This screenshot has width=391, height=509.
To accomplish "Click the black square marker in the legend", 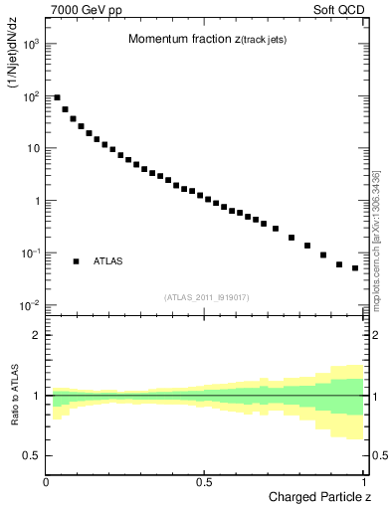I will (76, 261).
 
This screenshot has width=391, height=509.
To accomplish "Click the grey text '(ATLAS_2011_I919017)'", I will (206, 296).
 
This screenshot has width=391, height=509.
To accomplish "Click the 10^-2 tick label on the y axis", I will (31, 305).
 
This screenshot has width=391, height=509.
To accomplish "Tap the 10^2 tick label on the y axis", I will (31, 96).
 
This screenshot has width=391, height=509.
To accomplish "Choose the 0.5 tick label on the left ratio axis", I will (31, 455).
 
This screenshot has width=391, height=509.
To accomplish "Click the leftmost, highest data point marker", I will (57, 97).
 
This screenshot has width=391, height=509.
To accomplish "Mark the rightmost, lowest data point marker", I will (355, 268).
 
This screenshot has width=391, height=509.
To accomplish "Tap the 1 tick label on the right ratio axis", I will (373, 396).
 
